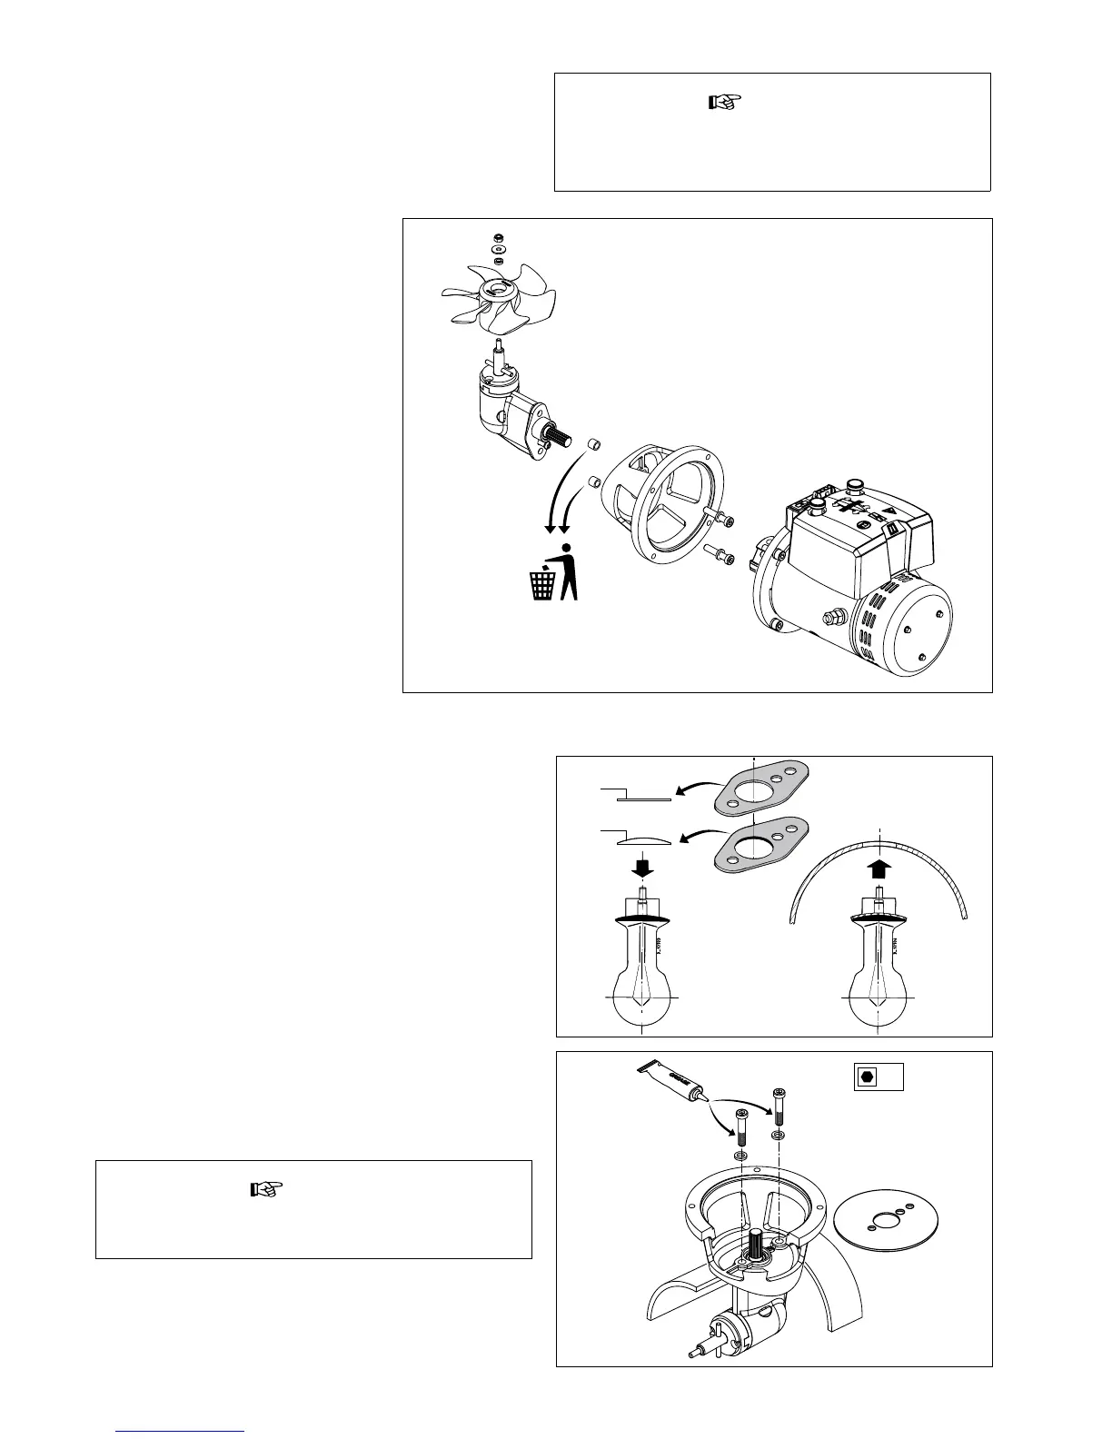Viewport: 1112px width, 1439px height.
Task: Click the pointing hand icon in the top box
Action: tap(724, 102)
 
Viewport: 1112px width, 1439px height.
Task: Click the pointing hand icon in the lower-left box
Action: tap(266, 1188)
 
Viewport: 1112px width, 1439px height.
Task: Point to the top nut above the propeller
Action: tap(498, 237)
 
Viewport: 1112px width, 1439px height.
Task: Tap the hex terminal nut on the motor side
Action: tap(830, 618)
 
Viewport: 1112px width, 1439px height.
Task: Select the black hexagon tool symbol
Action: tap(867, 1076)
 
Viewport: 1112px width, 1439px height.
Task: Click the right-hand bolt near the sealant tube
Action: tap(779, 1104)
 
